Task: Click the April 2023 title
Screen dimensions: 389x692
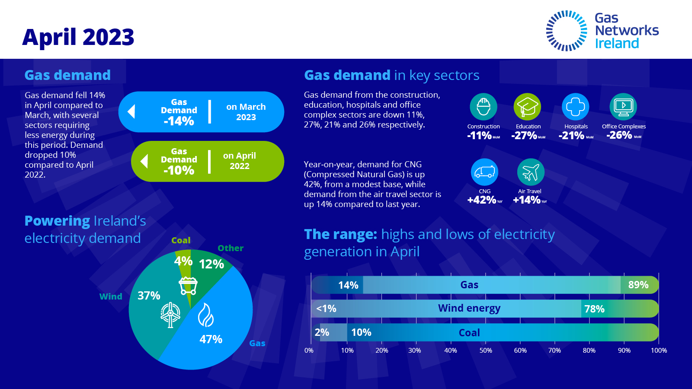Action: tap(78, 37)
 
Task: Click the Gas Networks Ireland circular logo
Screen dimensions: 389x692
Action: tap(567, 31)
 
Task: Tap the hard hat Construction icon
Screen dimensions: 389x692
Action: tap(483, 106)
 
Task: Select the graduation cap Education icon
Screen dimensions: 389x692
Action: tap(527, 106)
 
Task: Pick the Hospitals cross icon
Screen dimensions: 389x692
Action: tap(575, 106)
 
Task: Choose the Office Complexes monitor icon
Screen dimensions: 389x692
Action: tap(623, 106)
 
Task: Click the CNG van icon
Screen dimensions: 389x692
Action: tap(484, 172)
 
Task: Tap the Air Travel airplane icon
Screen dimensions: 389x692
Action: tap(531, 172)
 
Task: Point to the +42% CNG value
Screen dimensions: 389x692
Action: tap(482, 200)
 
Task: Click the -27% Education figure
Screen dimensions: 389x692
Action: tap(524, 136)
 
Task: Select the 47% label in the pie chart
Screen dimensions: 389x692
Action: tap(211, 339)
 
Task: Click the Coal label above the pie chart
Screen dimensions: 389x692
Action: tap(181, 240)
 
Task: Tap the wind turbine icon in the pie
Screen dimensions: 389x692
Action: tap(170, 314)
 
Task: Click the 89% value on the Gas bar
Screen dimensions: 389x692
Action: tap(638, 285)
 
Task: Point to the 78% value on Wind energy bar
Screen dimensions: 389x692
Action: tap(594, 309)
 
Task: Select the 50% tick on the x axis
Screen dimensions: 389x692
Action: tap(486, 351)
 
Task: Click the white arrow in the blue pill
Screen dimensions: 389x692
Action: tap(131, 112)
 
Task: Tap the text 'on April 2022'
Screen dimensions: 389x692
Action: tap(240, 161)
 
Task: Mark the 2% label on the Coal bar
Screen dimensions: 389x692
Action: tap(322, 332)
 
